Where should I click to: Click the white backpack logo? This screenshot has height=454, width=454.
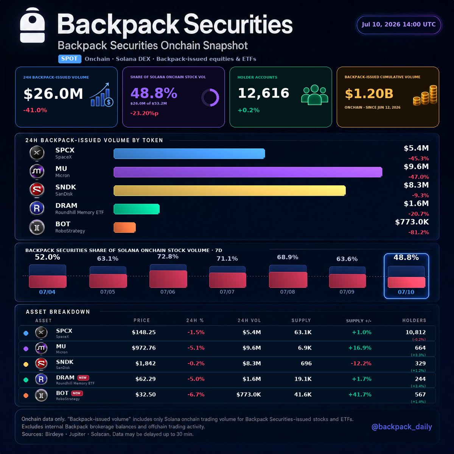[32, 25]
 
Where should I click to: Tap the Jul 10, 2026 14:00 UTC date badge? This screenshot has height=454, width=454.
[398, 25]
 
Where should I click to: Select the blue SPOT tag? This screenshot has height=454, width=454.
[70, 59]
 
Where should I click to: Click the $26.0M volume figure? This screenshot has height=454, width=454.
[53, 93]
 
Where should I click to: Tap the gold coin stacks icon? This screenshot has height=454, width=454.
[425, 95]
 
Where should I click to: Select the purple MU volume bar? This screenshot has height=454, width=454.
[248, 172]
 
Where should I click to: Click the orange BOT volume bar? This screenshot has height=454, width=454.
[124, 227]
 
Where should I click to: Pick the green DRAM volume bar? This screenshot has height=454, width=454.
[137, 209]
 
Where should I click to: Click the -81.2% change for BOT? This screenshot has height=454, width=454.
[418, 232]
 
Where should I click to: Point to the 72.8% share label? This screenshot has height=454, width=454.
[168, 257]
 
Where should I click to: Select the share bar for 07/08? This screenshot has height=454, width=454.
[288, 276]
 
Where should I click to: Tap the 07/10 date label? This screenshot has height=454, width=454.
[406, 292]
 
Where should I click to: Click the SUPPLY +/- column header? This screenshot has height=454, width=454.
[359, 321]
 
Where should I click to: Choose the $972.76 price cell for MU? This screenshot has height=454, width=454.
[144, 348]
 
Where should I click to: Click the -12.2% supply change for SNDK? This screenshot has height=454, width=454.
[361, 363]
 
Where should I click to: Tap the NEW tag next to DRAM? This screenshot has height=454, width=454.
[83, 378]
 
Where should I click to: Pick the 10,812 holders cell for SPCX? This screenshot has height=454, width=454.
[415, 332]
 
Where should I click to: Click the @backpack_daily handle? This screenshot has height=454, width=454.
[402, 427]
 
